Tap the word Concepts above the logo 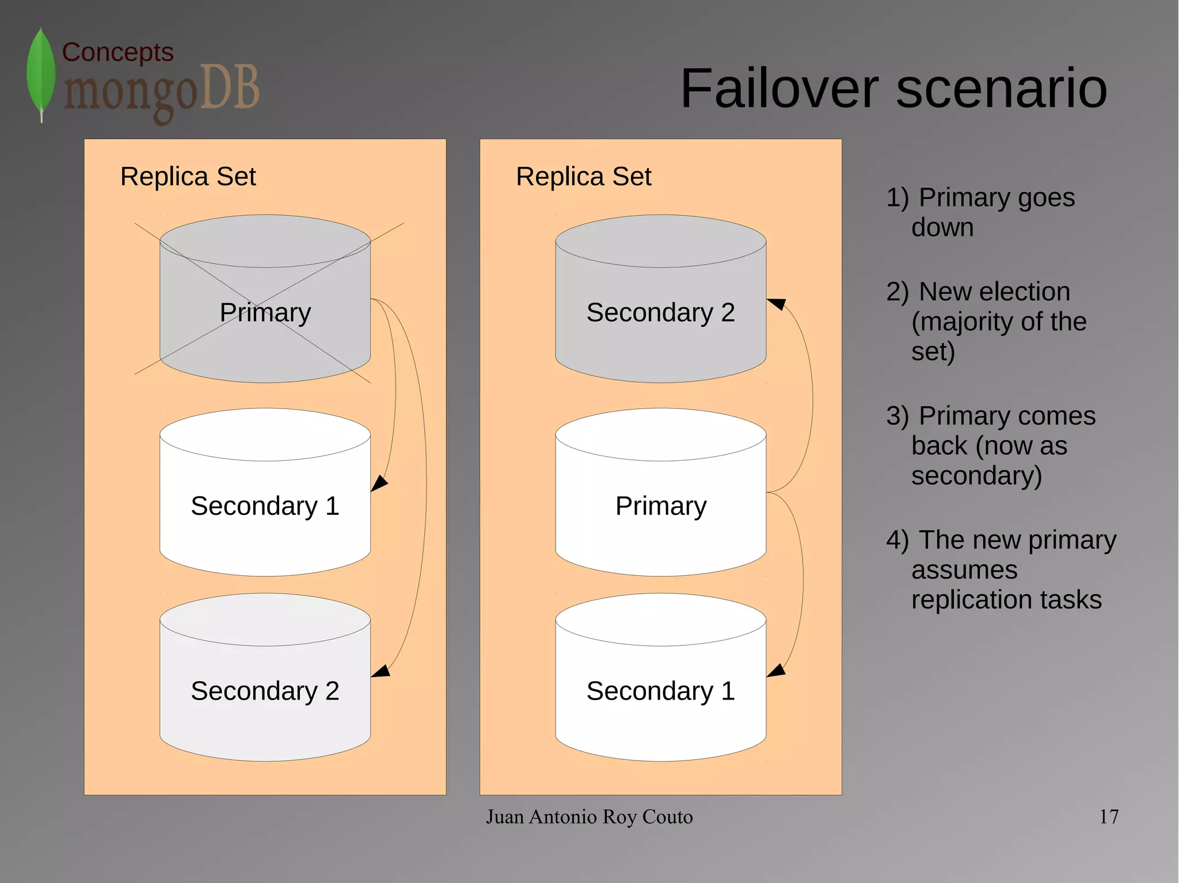click(x=117, y=52)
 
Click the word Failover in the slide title click(x=779, y=89)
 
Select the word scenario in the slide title click(x=1002, y=89)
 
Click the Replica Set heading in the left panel click(x=188, y=177)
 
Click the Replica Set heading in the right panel click(x=583, y=177)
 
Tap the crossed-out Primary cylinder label click(x=265, y=312)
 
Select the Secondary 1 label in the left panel click(x=265, y=506)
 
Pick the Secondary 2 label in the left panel click(x=265, y=691)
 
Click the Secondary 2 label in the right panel click(x=660, y=312)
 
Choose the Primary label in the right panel click(x=661, y=506)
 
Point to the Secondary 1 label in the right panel click(x=660, y=691)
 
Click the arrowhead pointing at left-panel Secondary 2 click(x=381, y=671)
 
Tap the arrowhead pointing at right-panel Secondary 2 click(x=777, y=303)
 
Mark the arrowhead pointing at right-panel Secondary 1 click(x=776, y=671)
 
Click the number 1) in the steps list click(x=897, y=197)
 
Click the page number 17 click(x=1109, y=817)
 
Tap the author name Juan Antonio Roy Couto click(x=589, y=817)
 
